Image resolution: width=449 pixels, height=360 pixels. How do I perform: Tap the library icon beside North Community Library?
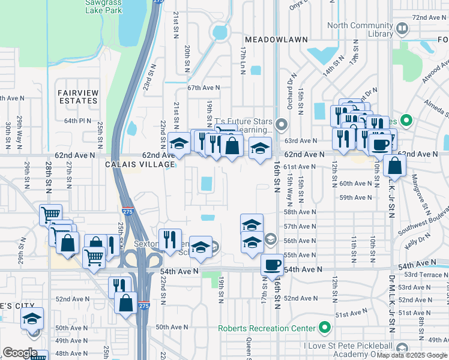pyautogui.click(x=402, y=28)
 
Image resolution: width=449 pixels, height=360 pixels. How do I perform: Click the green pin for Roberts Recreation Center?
pyautogui.click(x=325, y=328)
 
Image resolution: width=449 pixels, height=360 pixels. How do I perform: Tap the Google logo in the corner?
pyautogui.click(x=19, y=353)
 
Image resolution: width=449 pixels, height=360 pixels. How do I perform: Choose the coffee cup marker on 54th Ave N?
pyautogui.click(x=272, y=265)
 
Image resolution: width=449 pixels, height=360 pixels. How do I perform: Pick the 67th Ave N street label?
pyautogui.click(x=203, y=88)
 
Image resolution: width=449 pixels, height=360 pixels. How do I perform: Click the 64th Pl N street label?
pyautogui.click(x=78, y=121)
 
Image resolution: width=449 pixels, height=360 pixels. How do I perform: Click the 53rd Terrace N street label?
pyautogui.click(x=428, y=273)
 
